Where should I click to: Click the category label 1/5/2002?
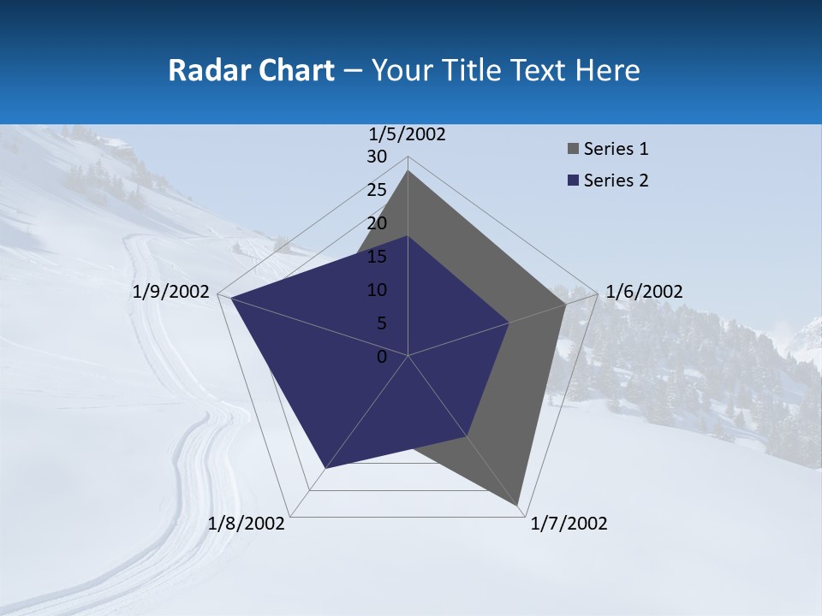[x=408, y=134]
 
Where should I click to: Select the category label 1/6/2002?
[x=644, y=292]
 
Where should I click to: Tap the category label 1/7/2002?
[x=569, y=524]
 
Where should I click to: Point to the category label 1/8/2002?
[x=247, y=524]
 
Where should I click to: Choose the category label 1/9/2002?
[x=171, y=292]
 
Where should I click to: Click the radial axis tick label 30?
[x=377, y=157]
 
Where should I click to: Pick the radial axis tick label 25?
[x=377, y=190]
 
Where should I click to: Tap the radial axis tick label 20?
[x=377, y=223]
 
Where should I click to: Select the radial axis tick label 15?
[x=377, y=257]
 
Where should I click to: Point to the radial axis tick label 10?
[x=377, y=290]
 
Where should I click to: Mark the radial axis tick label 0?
[x=382, y=357]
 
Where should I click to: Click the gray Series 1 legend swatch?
[x=573, y=149]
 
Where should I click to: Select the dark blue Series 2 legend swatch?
[x=573, y=181]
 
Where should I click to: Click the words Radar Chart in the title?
[x=251, y=70]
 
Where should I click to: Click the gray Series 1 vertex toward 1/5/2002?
[x=408, y=171]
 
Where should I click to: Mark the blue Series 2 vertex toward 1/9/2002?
[x=231, y=298]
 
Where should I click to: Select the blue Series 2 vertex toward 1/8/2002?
[x=325, y=468]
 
